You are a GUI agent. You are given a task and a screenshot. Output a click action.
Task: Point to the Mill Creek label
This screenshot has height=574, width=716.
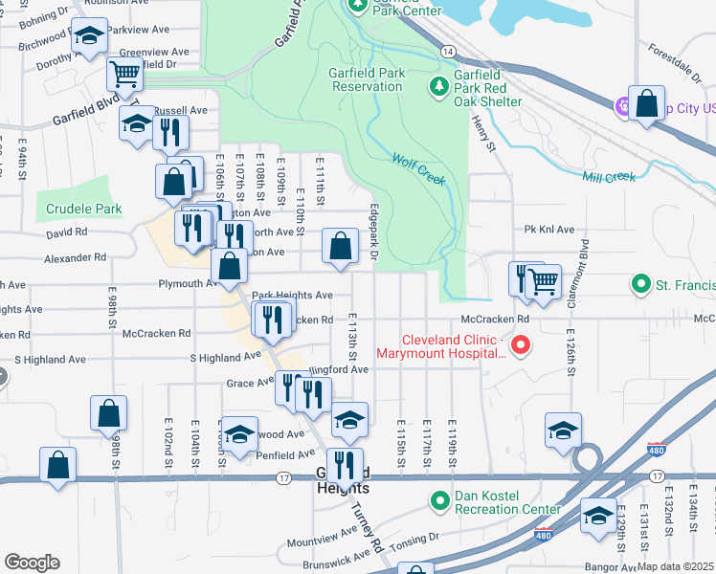click(609, 176)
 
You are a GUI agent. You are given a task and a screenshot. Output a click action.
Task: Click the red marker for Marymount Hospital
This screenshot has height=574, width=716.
click(521, 344)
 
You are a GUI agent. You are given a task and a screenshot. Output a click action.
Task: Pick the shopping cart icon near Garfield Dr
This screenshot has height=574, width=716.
click(123, 73)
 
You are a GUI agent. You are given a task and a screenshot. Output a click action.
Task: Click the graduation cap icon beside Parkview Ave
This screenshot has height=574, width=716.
click(90, 37)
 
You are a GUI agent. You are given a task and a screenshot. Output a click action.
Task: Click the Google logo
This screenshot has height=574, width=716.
click(32, 563)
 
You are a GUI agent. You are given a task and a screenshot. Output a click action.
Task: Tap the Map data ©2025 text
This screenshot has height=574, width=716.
click(676, 566)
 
